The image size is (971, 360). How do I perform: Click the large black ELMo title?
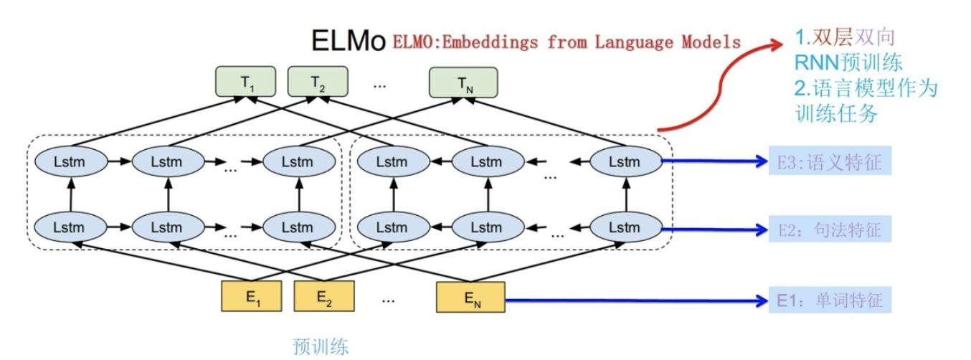[x=349, y=41]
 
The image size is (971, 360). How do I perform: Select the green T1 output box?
[x=247, y=83]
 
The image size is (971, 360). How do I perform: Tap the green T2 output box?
[x=318, y=83]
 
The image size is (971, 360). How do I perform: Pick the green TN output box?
[x=465, y=83]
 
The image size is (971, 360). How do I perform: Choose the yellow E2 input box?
[x=325, y=297]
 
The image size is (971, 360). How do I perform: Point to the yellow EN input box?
[x=470, y=297]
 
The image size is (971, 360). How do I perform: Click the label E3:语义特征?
[x=830, y=162]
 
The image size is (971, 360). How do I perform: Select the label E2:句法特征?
[x=830, y=229]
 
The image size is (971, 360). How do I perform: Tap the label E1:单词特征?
[x=830, y=299]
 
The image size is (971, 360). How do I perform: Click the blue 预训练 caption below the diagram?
[x=321, y=347]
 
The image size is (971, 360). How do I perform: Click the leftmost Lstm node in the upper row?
[x=70, y=162]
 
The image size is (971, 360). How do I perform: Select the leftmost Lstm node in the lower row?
[x=70, y=228]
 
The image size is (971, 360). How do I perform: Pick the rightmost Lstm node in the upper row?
[x=624, y=162]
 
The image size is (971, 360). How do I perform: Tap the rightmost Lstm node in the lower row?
[x=624, y=228]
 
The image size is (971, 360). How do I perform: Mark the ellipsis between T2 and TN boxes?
[x=379, y=85]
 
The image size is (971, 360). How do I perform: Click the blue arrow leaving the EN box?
[x=631, y=300]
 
